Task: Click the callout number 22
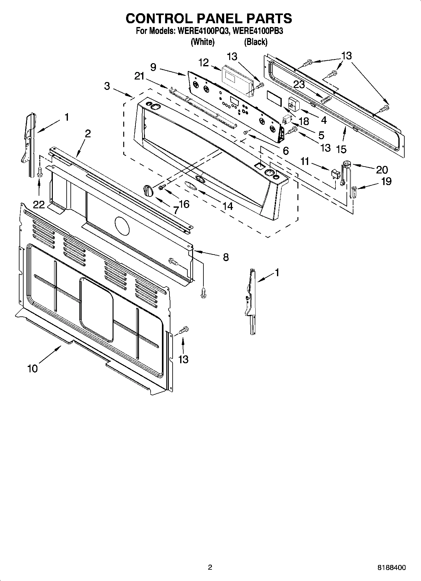pyautogui.click(x=39, y=205)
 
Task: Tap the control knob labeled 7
pyautogui.click(x=148, y=190)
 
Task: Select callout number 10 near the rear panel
pyautogui.click(x=32, y=368)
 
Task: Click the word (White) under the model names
pyautogui.click(x=203, y=42)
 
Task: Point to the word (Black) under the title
pyautogui.click(x=256, y=42)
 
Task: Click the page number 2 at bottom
pyautogui.click(x=210, y=567)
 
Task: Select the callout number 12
pyautogui.click(x=204, y=63)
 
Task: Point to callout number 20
pyautogui.click(x=382, y=170)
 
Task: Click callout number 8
pyautogui.click(x=225, y=257)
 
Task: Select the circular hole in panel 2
pyautogui.click(x=122, y=226)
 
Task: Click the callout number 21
pyautogui.click(x=139, y=76)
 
